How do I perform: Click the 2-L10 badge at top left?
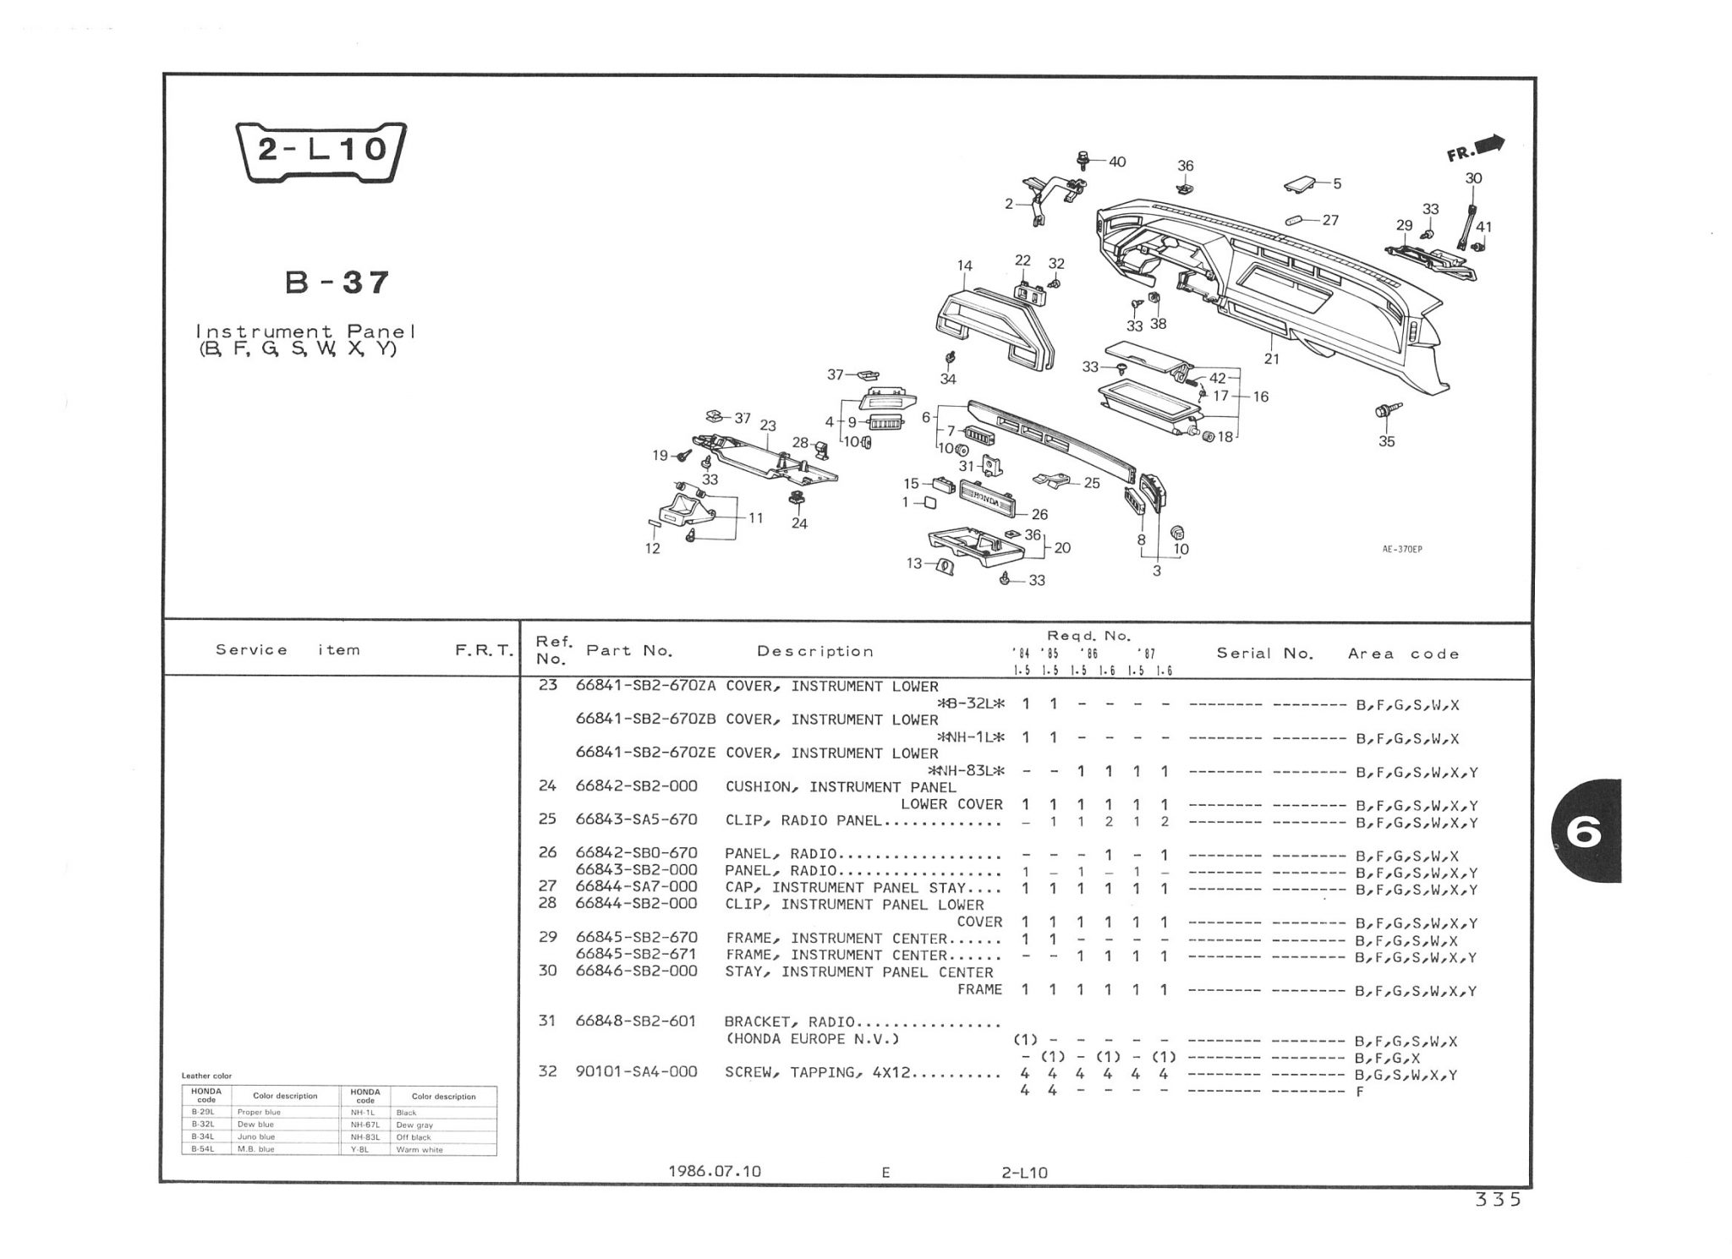(321, 151)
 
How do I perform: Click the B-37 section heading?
(337, 282)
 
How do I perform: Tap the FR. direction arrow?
(1476, 149)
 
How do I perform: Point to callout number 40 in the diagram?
(1117, 161)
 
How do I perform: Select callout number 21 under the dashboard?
(1271, 359)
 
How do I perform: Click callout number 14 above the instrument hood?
(964, 265)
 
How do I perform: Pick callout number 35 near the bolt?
(1386, 441)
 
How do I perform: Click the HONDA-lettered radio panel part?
(992, 501)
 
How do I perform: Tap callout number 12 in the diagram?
(652, 548)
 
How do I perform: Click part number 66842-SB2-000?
(637, 786)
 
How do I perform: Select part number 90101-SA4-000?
(637, 1072)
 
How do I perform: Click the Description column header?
(814, 651)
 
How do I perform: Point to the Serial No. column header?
(1264, 653)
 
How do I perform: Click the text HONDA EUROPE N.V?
(813, 1039)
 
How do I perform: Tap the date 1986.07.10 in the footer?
(715, 1171)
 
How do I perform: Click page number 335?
(1498, 1200)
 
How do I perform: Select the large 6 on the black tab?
(1583, 834)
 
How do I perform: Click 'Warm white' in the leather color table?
(419, 1150)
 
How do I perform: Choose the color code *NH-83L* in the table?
(966, 771)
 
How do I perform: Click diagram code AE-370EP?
(1402, 549)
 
